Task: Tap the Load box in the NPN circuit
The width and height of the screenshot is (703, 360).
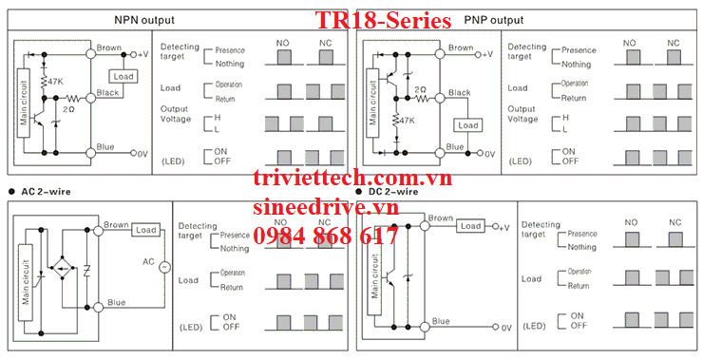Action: coord(123,76)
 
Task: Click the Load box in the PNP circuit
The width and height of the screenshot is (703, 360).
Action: coord(467,125)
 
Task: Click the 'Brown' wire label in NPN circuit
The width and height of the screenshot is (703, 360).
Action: coord(109,47)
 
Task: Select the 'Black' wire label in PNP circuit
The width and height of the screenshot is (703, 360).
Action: coord(459,93)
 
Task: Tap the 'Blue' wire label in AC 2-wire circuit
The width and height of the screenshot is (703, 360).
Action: coord(116,303)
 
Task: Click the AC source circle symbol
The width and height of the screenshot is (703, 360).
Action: coord(161,267)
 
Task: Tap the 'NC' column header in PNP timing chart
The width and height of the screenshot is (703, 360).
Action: coord(674,43)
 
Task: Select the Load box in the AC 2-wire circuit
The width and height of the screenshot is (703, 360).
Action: coord(145,230)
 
